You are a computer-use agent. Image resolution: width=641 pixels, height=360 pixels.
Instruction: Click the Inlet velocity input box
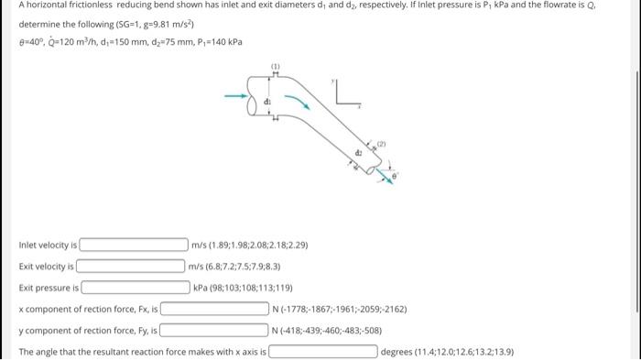click(x=134, y=245)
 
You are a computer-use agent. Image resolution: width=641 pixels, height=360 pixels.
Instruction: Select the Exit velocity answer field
click(x=130, y=266)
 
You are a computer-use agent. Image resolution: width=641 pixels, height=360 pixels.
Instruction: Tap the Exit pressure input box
click(x=136, y=288)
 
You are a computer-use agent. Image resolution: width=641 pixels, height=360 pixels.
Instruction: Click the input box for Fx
click(x=214, y=309)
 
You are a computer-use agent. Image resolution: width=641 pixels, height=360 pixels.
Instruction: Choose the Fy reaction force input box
click(x=213, y=330)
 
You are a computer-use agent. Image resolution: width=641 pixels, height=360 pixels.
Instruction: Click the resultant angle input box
click(x=323, y=351)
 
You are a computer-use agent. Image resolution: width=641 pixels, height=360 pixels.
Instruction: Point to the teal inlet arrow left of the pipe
click(x=236, y=96)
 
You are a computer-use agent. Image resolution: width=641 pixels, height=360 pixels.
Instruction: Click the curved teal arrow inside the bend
click(x=298, y=102)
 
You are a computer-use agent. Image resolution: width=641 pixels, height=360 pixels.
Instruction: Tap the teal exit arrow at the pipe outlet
click(x=385, y=176)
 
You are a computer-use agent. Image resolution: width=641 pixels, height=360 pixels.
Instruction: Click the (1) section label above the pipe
click(x=275, y=66)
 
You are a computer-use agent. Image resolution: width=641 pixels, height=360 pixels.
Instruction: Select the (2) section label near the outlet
click(x=381, y=144)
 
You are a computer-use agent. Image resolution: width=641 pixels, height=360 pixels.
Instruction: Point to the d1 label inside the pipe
click(x=267, y=101)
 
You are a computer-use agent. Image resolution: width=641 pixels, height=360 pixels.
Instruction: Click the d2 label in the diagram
click(x=359, y=153)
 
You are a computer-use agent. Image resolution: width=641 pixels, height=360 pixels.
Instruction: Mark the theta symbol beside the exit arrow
click(x=395, y=176)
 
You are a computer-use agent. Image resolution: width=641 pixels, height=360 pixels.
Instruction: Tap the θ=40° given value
click(x=31, y=42)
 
